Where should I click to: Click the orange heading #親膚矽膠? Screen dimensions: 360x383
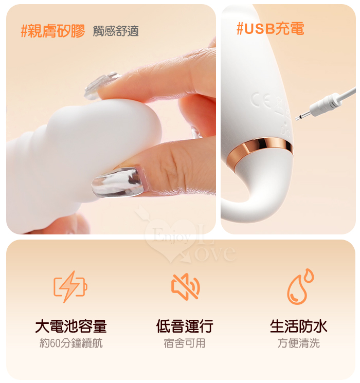tap(53, 31)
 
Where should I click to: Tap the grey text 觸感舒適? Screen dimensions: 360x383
tap(116, 31)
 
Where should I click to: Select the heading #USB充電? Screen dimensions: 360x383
tap(271, 28)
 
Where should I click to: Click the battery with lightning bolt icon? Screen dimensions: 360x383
tap(70, 286)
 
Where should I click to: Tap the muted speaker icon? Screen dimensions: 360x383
tap(186, 286)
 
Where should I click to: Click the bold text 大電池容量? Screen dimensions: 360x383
tap(71, 326)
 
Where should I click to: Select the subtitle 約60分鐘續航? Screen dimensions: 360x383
tap(71, 343)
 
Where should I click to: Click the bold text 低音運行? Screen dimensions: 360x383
tap(185, 326)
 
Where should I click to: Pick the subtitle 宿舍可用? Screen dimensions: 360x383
tap(185, 343)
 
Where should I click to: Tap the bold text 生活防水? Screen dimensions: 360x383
tap(299, 326)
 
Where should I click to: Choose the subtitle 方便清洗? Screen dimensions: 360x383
tap(299, 343)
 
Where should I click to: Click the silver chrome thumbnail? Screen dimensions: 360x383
tap(118, 182)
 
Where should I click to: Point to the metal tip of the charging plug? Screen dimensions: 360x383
tap(302, 116)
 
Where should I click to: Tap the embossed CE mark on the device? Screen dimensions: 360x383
tap(261, 100)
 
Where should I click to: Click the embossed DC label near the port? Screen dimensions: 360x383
tap(285, 133)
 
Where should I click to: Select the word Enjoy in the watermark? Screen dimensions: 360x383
tap(172, 235)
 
